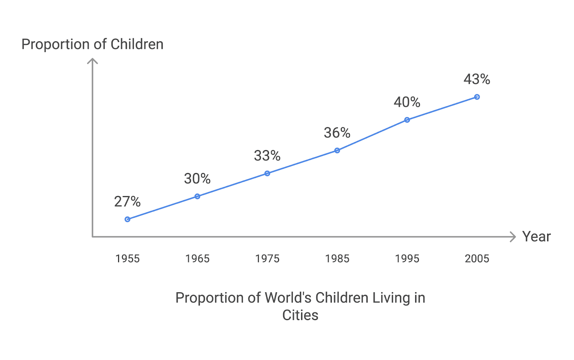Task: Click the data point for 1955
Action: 127,219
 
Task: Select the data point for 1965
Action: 197,196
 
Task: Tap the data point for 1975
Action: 267,174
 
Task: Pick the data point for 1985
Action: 337,150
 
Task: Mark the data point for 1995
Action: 407,120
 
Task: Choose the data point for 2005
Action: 477,97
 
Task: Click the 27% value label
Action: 127,202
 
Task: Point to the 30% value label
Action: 197,179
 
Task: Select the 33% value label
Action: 267,156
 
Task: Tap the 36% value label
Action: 337,133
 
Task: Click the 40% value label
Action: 407,102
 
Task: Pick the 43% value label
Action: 477,79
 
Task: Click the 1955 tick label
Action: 127,259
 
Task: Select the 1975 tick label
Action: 267,259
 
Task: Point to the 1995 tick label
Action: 407,259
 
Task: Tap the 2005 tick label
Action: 477,259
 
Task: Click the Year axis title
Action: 536,237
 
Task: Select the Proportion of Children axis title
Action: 93,45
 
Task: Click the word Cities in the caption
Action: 300,315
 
